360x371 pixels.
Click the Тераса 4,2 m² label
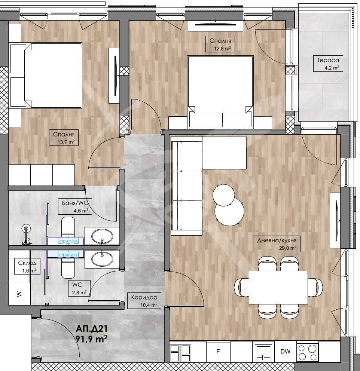coord(328,64)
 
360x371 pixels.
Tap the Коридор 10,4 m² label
coord(144,301)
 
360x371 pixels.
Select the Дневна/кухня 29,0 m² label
coord(277,244)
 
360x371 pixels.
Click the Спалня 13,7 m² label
coord(64,138)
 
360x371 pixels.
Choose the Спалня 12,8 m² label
coord(220,44)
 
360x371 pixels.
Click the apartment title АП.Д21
coord(92,328)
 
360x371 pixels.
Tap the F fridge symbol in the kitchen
coord(218,351)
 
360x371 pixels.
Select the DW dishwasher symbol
coord(285,351)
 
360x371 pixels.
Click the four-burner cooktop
coord(307,352)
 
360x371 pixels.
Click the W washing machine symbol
coord(19,294)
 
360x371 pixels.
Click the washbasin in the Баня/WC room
coord(102,236)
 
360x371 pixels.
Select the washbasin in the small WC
coord(102,258)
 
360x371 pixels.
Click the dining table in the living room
coord(278,287)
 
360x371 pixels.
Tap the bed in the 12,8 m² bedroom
coord(220,92)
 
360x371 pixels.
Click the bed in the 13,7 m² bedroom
coord(46,75)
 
